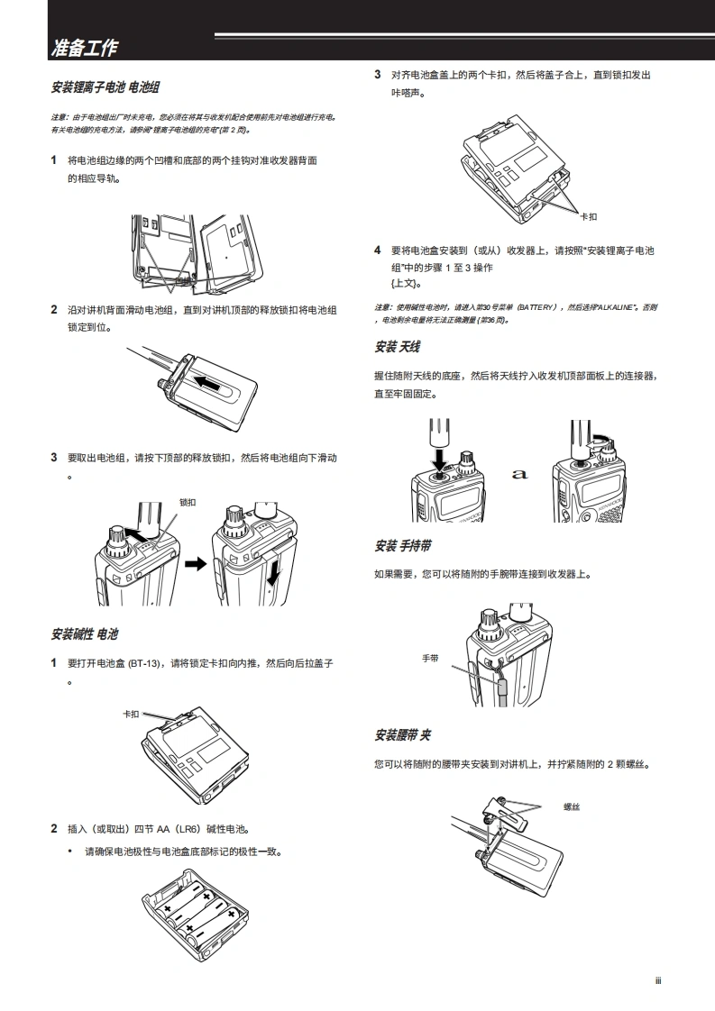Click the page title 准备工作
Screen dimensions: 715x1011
tap(85, 47)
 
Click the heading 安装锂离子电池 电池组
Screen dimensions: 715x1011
tap(105, 88)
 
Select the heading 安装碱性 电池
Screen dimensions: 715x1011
tap(85, 635)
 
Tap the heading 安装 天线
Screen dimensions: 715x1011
tap(397, 347)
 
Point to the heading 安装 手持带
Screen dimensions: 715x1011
tap(402, 546)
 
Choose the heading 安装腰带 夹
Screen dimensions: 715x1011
tap(402, 735)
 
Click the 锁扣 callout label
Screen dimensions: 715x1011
tap(188, 502)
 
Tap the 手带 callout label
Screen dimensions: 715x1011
tap(430, 659)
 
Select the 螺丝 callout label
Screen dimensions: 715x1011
tap(571, 806)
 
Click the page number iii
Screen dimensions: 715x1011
tap(658, 981)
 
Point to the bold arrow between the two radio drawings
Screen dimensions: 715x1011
tap(196, 564)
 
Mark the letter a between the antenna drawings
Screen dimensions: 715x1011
tap(520, 474)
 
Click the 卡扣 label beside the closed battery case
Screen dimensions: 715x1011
tap(588, 216)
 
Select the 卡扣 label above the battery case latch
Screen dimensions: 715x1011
tap(132, 714)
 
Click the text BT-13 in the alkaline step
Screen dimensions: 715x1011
tap(142, 663)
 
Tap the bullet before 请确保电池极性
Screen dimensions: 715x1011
tap(70, 851)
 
